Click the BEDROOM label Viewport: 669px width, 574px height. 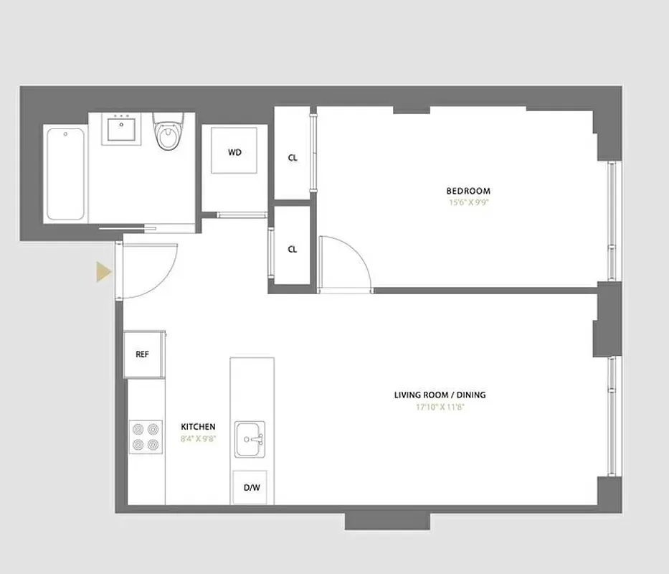468,191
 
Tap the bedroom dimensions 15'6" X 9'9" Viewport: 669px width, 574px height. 468,202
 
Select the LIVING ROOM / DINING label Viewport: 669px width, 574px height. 445,395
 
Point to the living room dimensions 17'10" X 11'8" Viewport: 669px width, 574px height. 445,407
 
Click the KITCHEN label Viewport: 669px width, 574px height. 198,427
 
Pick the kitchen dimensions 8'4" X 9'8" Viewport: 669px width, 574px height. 198,438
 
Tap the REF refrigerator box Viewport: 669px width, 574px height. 143,354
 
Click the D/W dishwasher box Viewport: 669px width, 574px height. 252,488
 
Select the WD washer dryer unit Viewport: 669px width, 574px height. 234,152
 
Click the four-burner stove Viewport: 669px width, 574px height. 146,437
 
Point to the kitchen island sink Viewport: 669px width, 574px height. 250,439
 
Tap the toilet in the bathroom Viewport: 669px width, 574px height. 168,133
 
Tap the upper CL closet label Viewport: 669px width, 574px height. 293,158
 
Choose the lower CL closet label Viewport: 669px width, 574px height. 292,250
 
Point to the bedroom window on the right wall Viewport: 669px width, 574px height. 612,221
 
